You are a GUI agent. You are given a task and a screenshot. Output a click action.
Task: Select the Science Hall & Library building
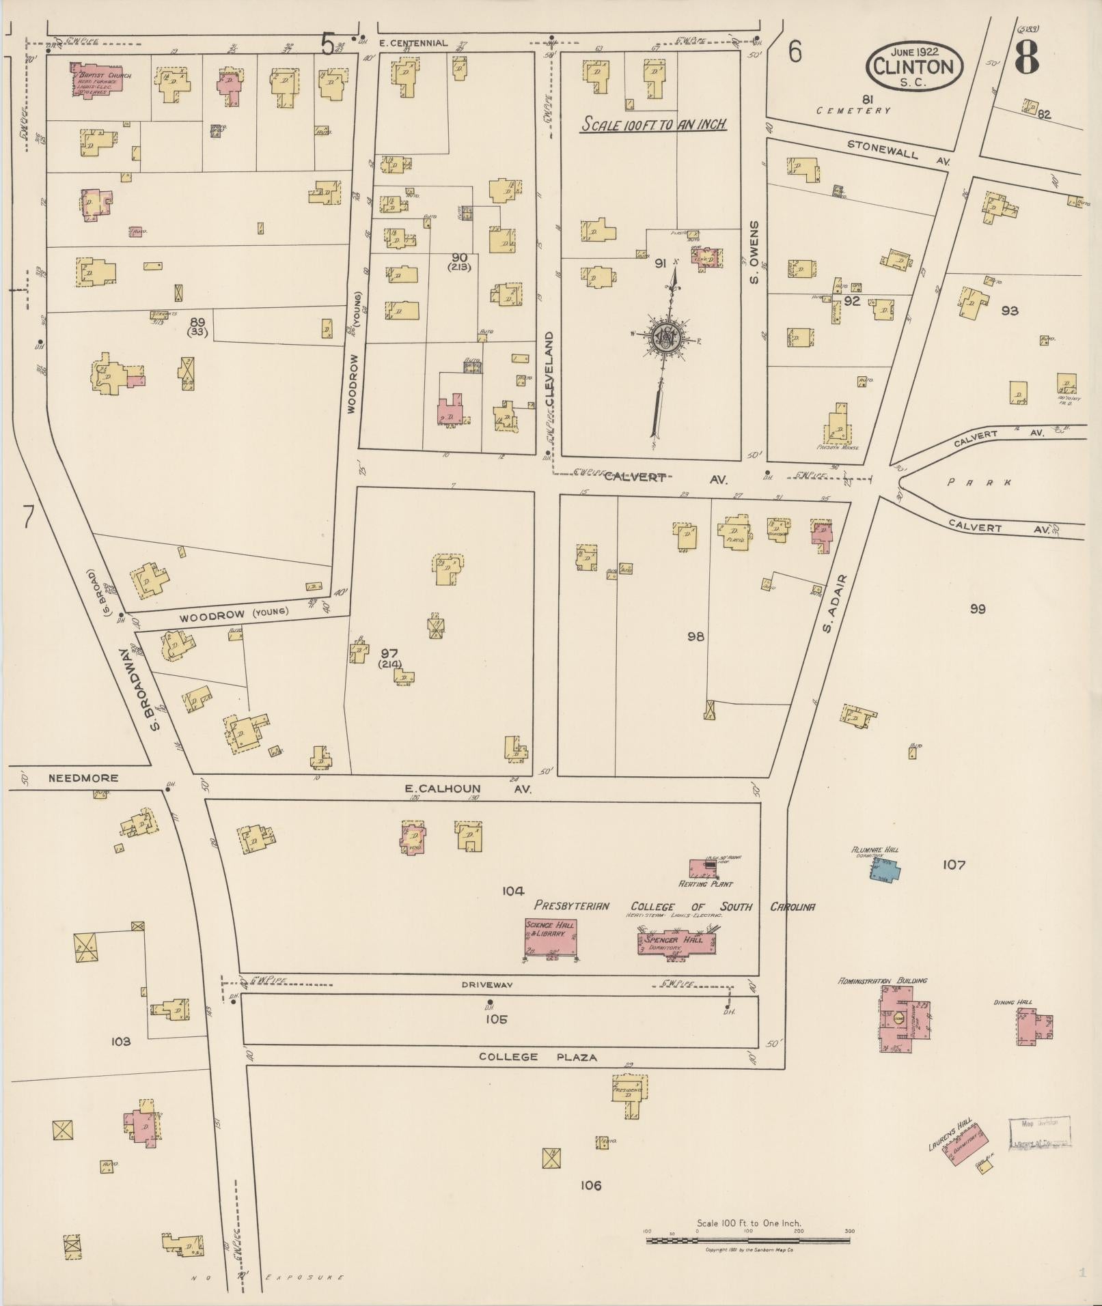coord(551,936)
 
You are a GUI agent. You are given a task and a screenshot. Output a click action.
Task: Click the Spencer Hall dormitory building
coord(676,943)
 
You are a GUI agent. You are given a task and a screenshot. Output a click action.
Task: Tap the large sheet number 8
coord(1026,57)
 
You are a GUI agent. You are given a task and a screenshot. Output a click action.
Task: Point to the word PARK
coord(980,482)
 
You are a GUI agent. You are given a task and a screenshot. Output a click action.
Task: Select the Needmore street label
coord(83,778)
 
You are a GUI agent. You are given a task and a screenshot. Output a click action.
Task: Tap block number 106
coord(590,1186)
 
